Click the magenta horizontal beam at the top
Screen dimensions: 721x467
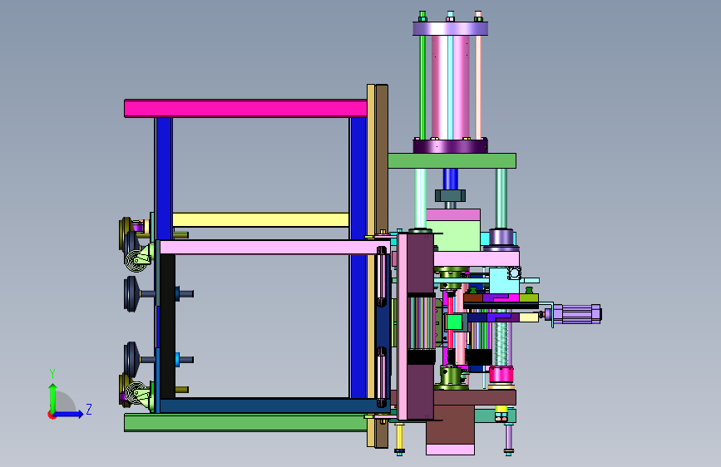click(245, 109)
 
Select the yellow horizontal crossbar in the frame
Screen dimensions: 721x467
click(260, 219)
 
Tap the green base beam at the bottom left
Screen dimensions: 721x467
click(245, 422)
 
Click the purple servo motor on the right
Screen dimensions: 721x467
click(576, 314)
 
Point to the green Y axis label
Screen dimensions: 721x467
click(52, 373)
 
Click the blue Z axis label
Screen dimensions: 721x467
click(89, 409)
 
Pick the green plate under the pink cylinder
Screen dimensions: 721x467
click(452, 161)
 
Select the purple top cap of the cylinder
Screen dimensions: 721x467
click(450, 28)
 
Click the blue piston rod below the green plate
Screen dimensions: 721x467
click(451, 179)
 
